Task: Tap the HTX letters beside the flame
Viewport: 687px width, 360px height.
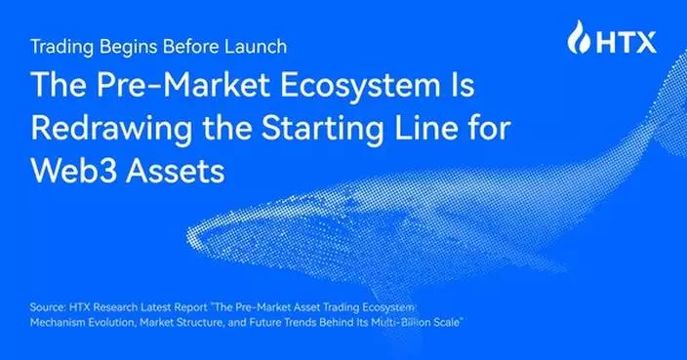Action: pos(625,42)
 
